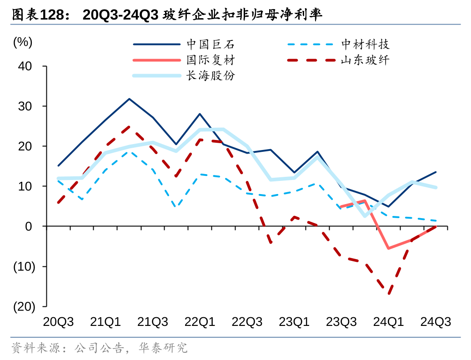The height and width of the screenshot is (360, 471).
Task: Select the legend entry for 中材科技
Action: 365,45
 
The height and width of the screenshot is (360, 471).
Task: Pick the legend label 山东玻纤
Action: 365,60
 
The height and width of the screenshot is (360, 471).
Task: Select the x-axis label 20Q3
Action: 59,322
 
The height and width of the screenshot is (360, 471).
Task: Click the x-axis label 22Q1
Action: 200,322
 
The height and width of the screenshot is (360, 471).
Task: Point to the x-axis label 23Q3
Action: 341,322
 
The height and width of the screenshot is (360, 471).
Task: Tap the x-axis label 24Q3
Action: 436,322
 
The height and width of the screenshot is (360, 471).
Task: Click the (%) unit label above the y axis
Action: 23,42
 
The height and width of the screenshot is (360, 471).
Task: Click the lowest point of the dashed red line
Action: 389,293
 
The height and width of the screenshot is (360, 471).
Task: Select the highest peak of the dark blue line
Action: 129,99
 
